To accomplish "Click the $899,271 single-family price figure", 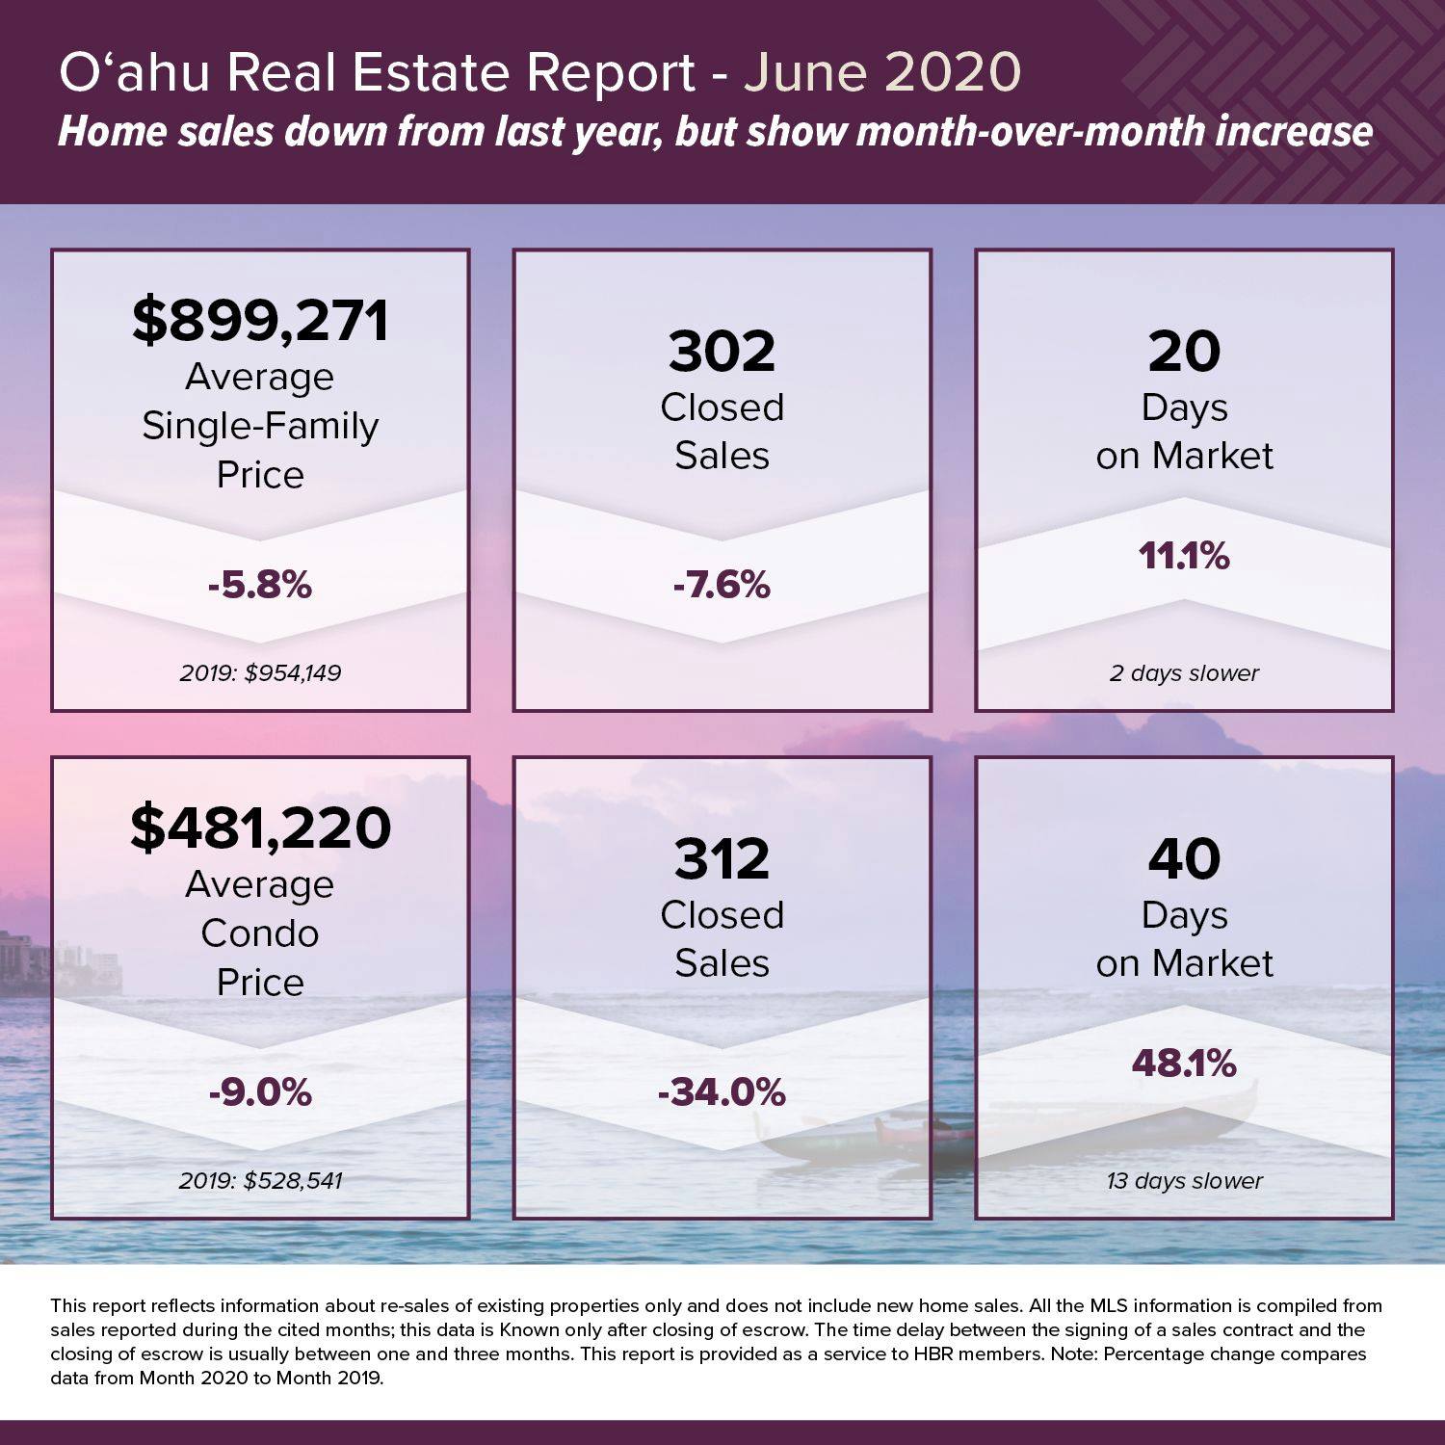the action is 260,321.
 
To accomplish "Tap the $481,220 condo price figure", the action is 260,828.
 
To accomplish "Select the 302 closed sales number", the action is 722,352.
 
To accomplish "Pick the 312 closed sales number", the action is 722,859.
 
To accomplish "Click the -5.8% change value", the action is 260,585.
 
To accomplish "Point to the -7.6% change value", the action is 722,585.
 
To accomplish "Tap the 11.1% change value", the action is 1184,556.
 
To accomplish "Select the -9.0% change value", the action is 260,1092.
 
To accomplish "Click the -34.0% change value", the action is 722,1092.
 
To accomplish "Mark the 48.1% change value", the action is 1184,1064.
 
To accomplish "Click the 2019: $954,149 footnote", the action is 260,672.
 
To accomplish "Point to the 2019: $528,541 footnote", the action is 260,1180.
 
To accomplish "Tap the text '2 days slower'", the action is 1184,673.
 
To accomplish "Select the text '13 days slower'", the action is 1184,1181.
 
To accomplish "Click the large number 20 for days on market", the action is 1184,352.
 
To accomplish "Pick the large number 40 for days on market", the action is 1184,859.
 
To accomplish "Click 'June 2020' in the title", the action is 881,73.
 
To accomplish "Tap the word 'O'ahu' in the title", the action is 134,73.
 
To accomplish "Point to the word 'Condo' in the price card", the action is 260,933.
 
